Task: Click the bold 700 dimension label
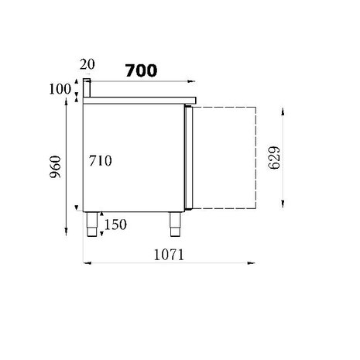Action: pyautogui.click(x=141, y=70)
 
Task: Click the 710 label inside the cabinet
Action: pyautogui.click(x=101, y=162)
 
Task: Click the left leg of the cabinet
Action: pyautogui.click(x=91, y=224)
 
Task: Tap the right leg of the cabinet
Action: pyautogui.click(x=173, y=224)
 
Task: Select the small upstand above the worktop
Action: pyautogui.click(x=88, y=88)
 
